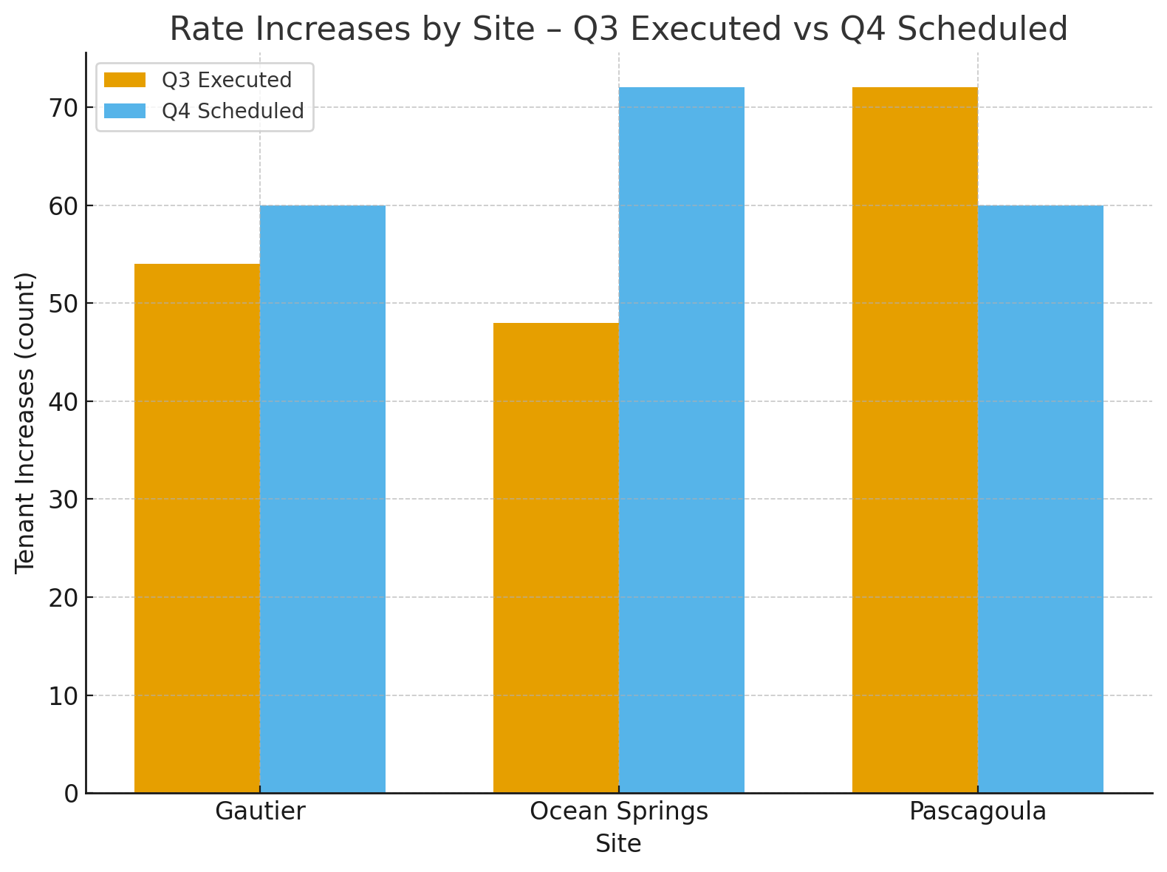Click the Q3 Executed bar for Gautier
pyautogui.click(x=196, y=528)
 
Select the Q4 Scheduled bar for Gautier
pyautogui.click(x=323, y=499)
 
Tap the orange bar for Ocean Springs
pyautogui.click(x=555, y=558)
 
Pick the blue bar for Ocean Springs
pyautogui.click(x=682, y=440)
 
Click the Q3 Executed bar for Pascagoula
pyautogui.click(x=914, y=440)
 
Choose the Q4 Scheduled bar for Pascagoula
pyautogui.click(x=1041, y=499)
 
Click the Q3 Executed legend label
pyautogui.click(x=227, y=80)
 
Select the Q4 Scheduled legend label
pyautogui.click(x=233, y=111)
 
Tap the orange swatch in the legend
pyautogui.click(x=125, y=80)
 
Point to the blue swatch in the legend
pyautogui.click(x=125, y=111)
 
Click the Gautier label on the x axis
pyautogui.click(x=260, y=811)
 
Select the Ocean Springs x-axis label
pyautogui.click(x=619, y=811)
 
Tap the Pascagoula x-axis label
pyautogui.click(x=977, y=811)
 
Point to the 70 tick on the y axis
pyautogui.click(x=64, y=108)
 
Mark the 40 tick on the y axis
pyautogui.click(x=64, y=402)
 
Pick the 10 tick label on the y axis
pyautogui.click(x=64, y=696)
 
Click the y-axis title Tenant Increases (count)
pyautogui.click(x=25, y=423)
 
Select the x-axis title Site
pyautogui.click(x=618, y=844)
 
